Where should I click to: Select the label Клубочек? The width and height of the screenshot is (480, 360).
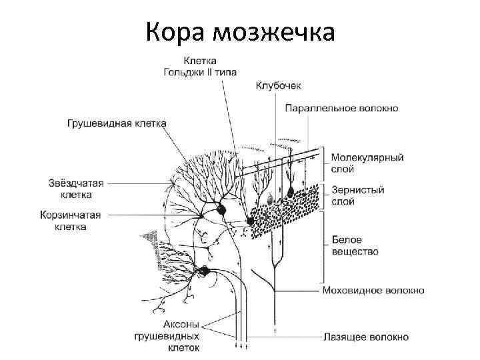(x=279, y=85)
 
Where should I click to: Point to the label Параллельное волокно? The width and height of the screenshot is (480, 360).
(x=342, y=107)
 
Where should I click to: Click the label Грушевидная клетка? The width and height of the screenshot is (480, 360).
(x=117, y=123)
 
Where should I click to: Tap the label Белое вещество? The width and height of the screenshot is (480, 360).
(x=355, y=245)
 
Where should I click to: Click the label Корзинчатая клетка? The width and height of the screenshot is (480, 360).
(x=79, y=221)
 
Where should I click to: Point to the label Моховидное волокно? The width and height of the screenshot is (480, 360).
(x=373, y=291)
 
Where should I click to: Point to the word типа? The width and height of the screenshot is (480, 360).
(x=226, y=72)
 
